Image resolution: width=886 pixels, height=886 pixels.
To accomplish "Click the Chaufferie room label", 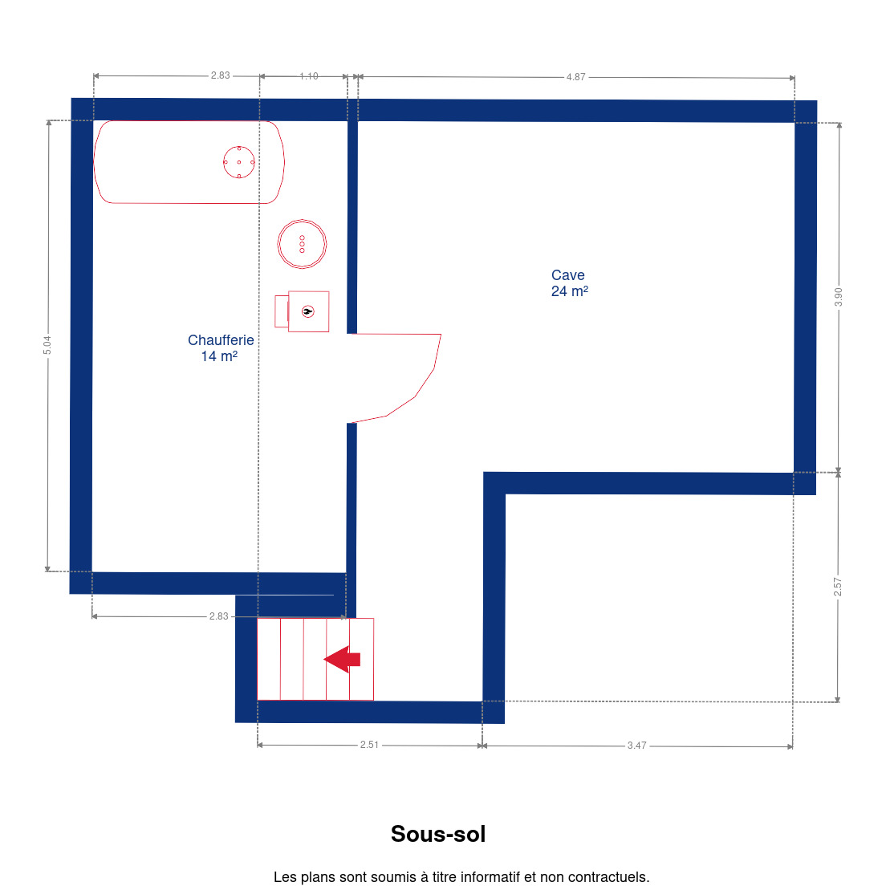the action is [x=221, y=340].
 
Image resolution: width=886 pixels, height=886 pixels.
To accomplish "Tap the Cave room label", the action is [x=568, y=275].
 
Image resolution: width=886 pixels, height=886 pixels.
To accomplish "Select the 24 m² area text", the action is [x=570, y=291].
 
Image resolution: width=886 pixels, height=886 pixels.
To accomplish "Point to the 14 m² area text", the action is [x=219, y=356].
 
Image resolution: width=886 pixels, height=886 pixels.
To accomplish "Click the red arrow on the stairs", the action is [x=342, y=660].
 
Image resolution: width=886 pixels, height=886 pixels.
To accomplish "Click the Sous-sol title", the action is [x=438, y=834].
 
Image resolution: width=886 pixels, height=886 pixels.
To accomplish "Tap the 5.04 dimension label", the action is [x=47, y=345].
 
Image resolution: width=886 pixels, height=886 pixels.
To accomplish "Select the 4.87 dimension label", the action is [x=575, y=77].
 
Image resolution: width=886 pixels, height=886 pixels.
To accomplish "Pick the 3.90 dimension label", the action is [x=838, y=297].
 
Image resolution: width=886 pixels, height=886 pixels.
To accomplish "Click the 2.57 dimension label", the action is [x=837, y=587].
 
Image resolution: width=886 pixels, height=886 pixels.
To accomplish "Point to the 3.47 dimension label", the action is [x=637, y=746].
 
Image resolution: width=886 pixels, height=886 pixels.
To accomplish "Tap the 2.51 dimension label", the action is [x=369, y=745].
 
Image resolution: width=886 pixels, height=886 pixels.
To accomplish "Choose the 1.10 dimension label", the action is [x=308, y=76].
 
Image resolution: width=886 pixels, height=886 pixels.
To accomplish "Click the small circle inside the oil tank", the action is [x=239, y=162].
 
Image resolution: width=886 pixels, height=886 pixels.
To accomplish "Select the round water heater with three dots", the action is [x=303, y=243].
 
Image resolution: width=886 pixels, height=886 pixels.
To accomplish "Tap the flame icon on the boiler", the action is [x=308, y=311].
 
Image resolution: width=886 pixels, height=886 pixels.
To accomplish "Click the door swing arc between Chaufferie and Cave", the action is [x=416, y=396].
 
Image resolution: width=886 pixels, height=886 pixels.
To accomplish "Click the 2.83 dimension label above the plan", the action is [x=221, y=75].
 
